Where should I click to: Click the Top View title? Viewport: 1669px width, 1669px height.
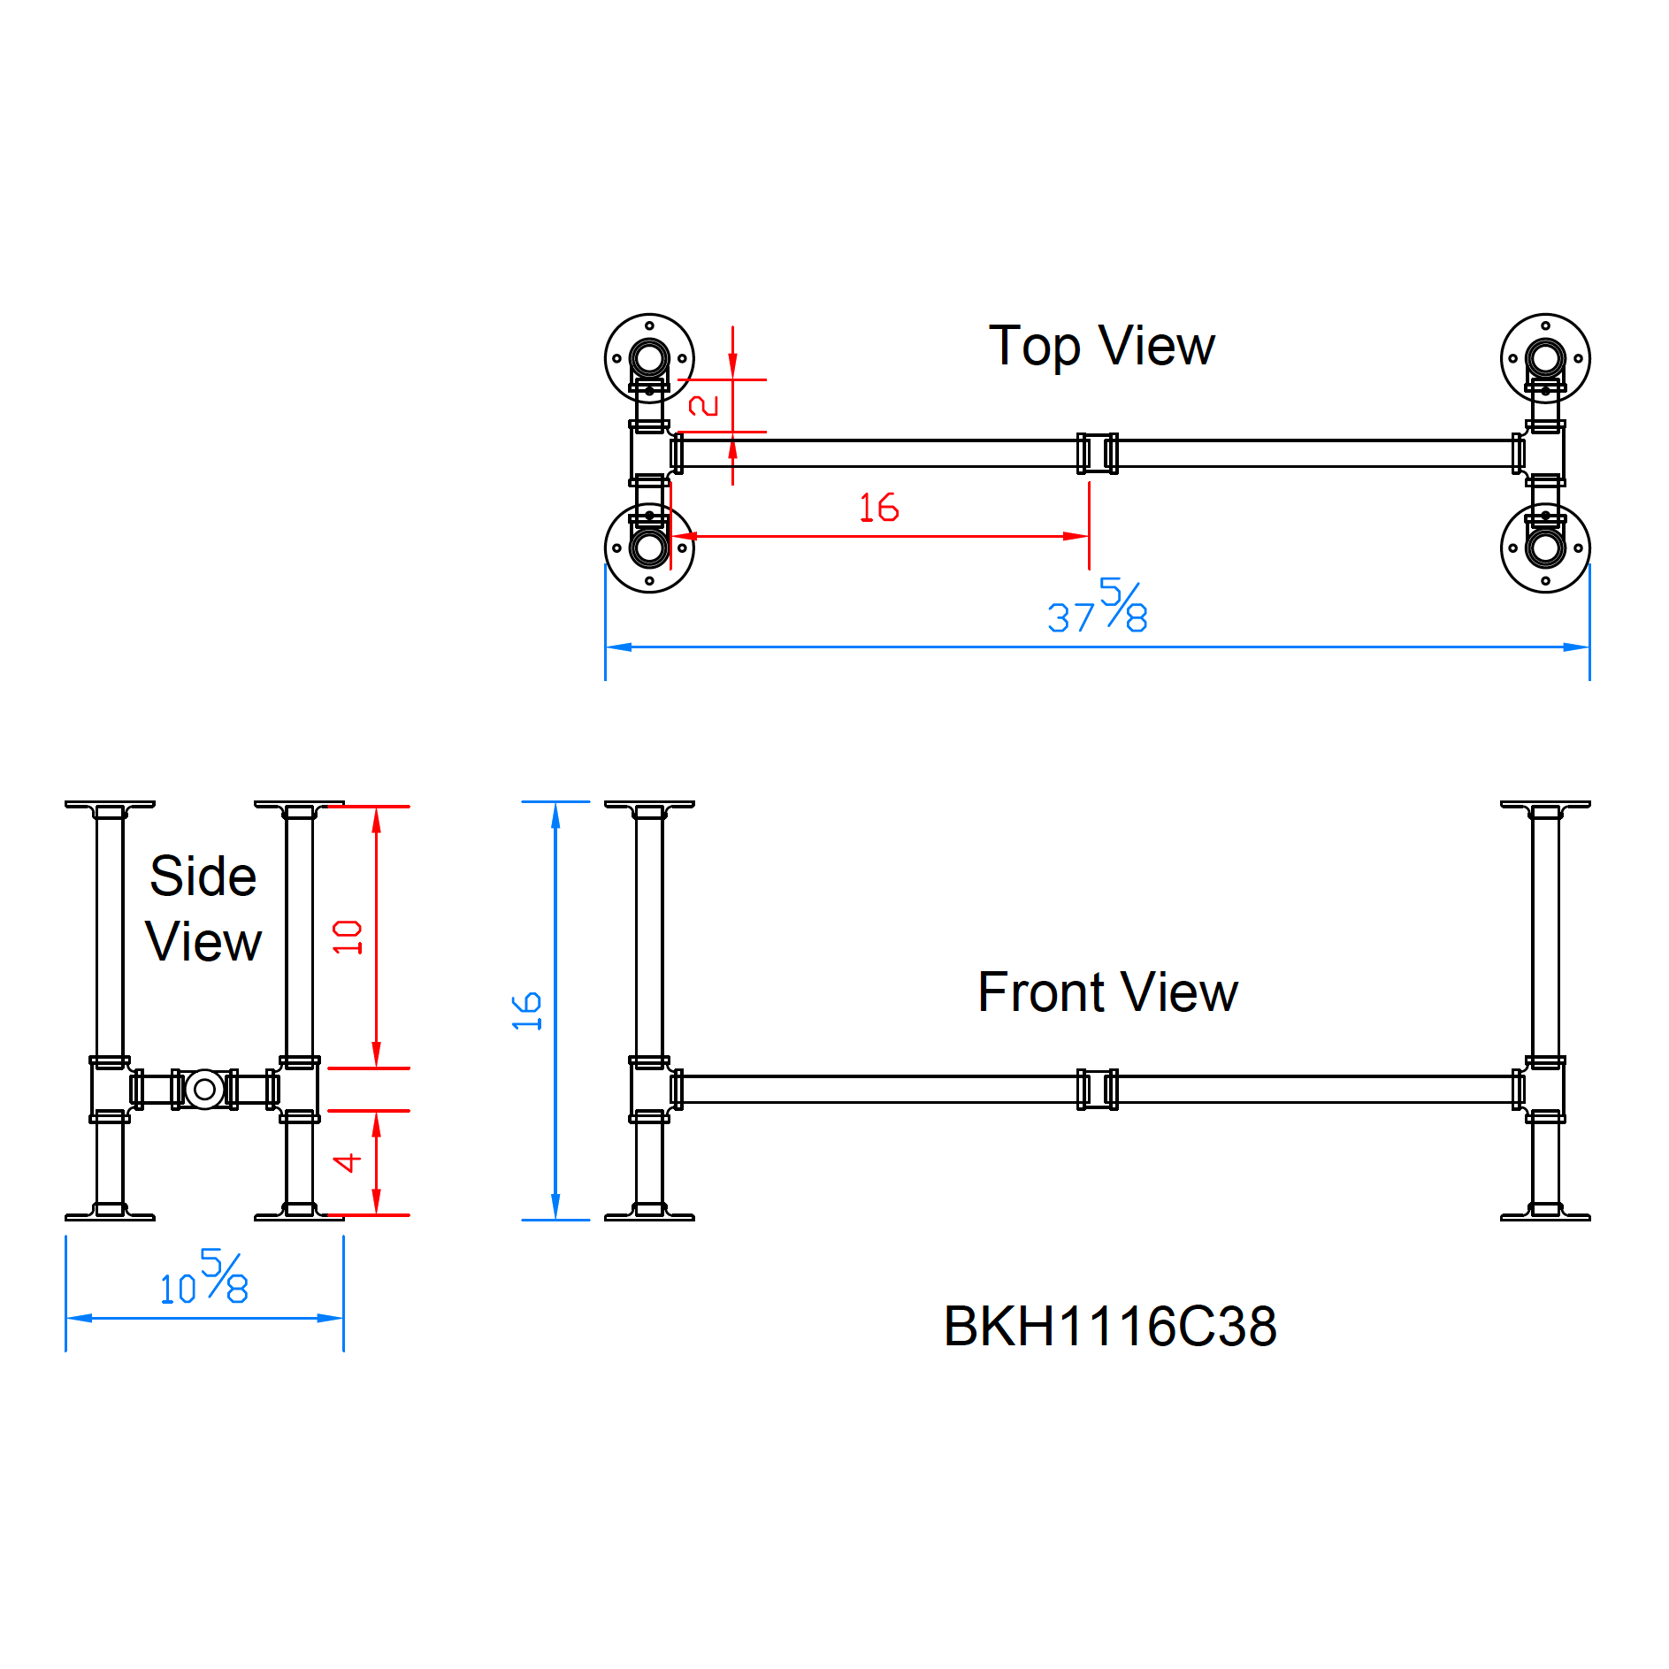tap(1101, 346)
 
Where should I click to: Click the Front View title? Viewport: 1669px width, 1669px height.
tap(1107, 992)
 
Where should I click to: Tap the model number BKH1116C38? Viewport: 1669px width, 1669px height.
tap(1110, 1327)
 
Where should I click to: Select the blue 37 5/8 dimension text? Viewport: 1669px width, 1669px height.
tap(1098, 608)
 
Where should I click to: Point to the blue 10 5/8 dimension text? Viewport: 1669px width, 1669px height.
tap(204, 1279)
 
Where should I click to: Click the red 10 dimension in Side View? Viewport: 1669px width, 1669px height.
tap(348, 937)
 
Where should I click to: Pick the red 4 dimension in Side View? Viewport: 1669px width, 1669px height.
tap(348, 1162)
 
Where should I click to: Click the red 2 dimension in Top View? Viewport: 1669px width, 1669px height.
tap(704, 405)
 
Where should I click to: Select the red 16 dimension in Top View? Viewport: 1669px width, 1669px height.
tap(878, 508)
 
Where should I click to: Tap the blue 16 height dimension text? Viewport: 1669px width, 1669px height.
tap(527, 1011)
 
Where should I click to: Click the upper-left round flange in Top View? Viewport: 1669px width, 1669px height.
tap(649, 358)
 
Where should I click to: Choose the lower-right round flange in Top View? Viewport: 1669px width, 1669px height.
tap(1545, 547)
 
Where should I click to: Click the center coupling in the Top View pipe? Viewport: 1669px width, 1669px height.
tap(1097, 453)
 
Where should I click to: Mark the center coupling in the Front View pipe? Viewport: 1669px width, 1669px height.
tap(1097, 1089)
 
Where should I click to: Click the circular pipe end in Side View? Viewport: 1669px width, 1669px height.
tap(204, 1089)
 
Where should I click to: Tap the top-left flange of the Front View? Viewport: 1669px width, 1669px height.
tap(649, 807)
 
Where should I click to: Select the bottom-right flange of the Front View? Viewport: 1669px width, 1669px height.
tap(1545, 1213)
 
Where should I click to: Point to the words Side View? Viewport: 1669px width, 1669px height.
tap(203, 908)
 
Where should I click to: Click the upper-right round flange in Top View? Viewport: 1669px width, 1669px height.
tap(1545, 358)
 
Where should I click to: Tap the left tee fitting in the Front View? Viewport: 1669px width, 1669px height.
tap(649, 1089)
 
